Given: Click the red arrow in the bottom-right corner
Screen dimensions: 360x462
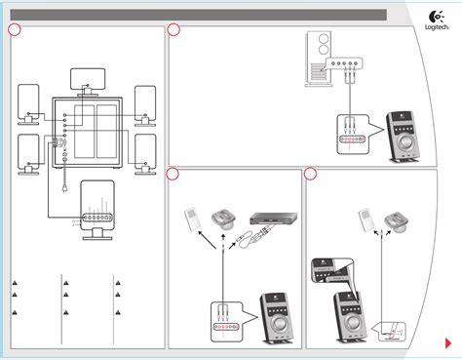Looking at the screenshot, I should coord(435,343).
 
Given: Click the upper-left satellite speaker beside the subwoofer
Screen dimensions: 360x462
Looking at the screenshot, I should coord(30,102).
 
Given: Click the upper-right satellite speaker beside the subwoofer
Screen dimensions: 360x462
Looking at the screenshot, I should coord(144,102).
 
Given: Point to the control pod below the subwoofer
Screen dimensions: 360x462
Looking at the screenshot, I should coord(96,207).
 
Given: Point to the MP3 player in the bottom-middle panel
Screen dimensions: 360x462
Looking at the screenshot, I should coord(195,220).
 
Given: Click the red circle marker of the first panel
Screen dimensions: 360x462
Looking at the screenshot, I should coord(14,30).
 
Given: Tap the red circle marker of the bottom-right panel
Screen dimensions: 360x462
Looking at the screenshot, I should coord(310,174).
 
